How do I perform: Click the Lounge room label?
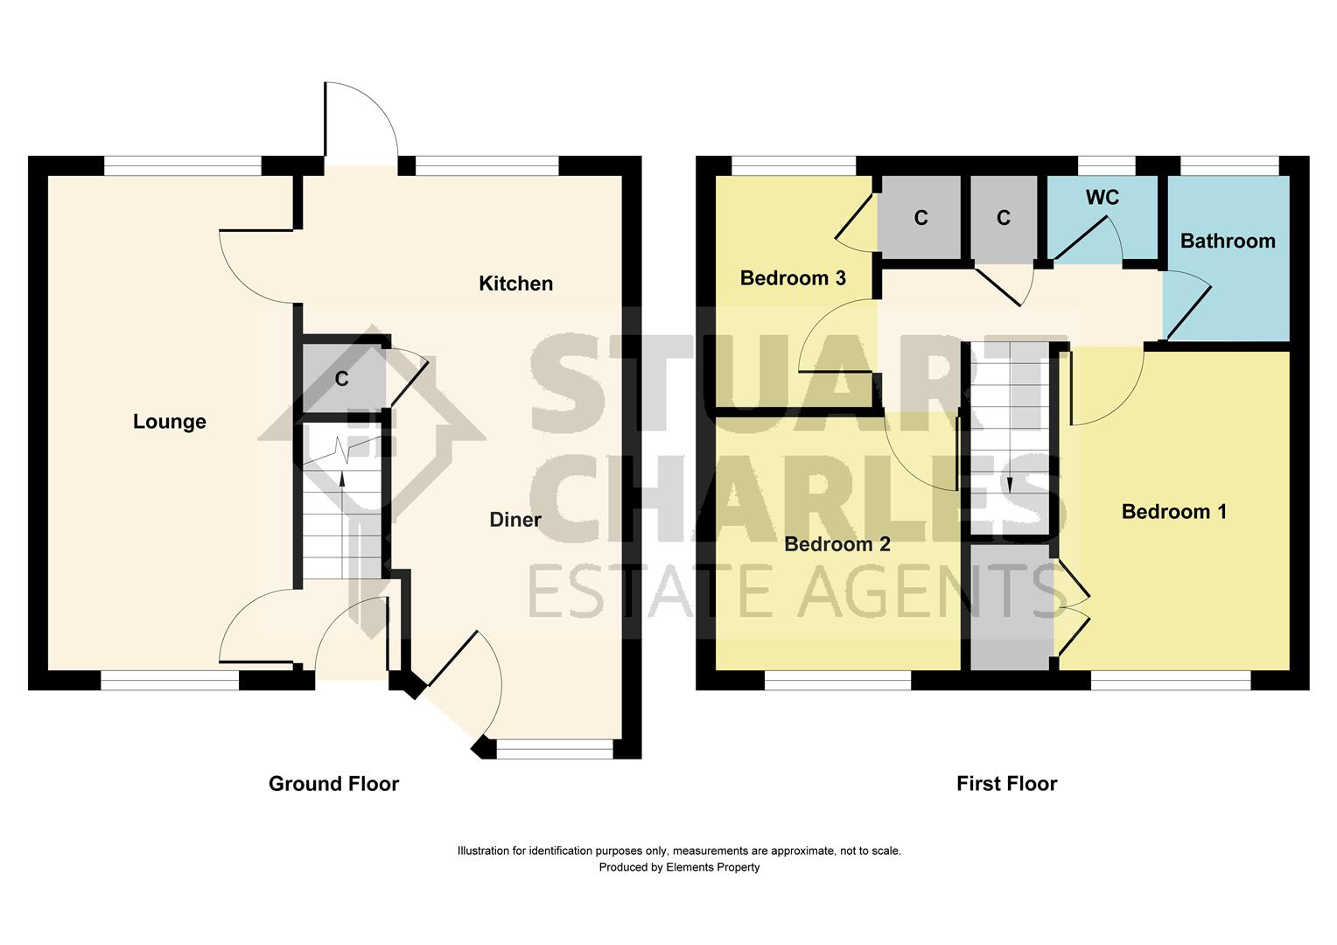pyautogui.click(x=170, y=422)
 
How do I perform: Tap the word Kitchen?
pyautogui.click(x=515, y=283)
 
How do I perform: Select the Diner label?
pyautogui.click(x=514, y=520)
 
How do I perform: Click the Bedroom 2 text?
pyautogui.click(x=836, y=544)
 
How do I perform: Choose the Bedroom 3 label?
pyautogui.click(x=792, y=278)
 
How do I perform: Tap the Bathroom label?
pyautogui.click(x=1227, y=241)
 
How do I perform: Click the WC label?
pyautogui.click(x=1102, y=198)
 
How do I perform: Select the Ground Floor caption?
pyautogui.click(x=333, y=784)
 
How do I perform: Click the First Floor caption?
pyautogui.click(x=1006, y=784)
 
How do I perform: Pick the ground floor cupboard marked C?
pyautogui.click(x=342, y=379)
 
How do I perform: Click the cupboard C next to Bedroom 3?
pyautogui.click(x=920, y=218)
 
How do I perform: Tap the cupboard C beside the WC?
pyautogui.click(x=1003, y=218)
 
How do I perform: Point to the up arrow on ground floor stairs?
pyautogui.click(x=342, y=477)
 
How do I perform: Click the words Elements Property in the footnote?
pyautogui.click(x=712, y=868)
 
